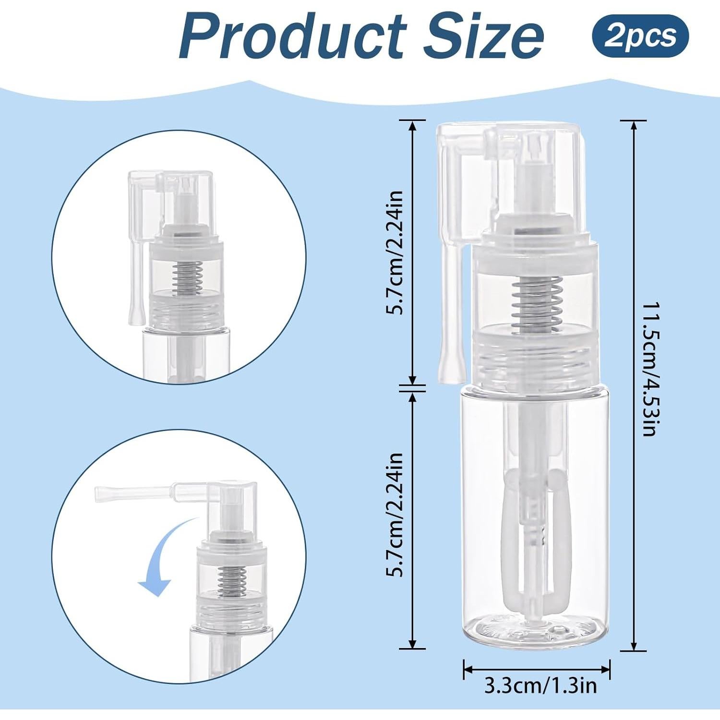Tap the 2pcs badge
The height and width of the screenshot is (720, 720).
coord(640,36)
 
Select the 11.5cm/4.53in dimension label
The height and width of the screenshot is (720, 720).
coord(649,369)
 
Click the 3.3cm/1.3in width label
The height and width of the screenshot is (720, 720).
coord(540,686)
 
